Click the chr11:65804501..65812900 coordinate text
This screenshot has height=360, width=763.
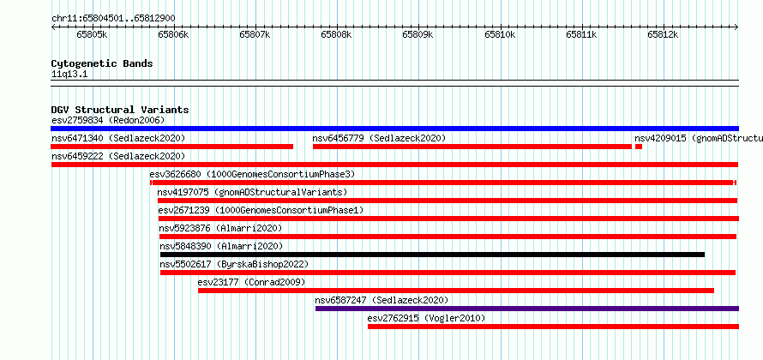[x=113, y=19]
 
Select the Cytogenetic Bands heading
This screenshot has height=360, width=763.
[x=102, y=63]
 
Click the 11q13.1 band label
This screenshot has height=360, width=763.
[x=69, y=75]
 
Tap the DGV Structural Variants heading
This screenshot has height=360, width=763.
[x=120, y=110]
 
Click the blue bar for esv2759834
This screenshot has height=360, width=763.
[x=394, y=129]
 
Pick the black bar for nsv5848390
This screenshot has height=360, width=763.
[x=432, y=255]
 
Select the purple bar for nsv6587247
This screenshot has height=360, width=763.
[x=527, y=309]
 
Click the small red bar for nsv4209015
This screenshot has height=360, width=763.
[x=639, y=147]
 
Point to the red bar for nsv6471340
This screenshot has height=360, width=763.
[x=172, y=147]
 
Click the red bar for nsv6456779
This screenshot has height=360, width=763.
[x=472, y=147]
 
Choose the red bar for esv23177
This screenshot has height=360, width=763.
[x=456, y=291]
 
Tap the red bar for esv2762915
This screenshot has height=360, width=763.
[x=553, y=327]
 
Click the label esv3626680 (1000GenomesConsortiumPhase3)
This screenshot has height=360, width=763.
[x=253, y=174]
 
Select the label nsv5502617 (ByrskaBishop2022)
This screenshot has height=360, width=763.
[x=234, y=264]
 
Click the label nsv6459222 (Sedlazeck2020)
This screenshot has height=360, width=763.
[x=118, y=156]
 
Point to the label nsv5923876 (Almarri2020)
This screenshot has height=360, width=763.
[x=220, y=228]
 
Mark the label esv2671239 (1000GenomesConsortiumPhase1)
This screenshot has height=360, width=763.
[x=261, y=210]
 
